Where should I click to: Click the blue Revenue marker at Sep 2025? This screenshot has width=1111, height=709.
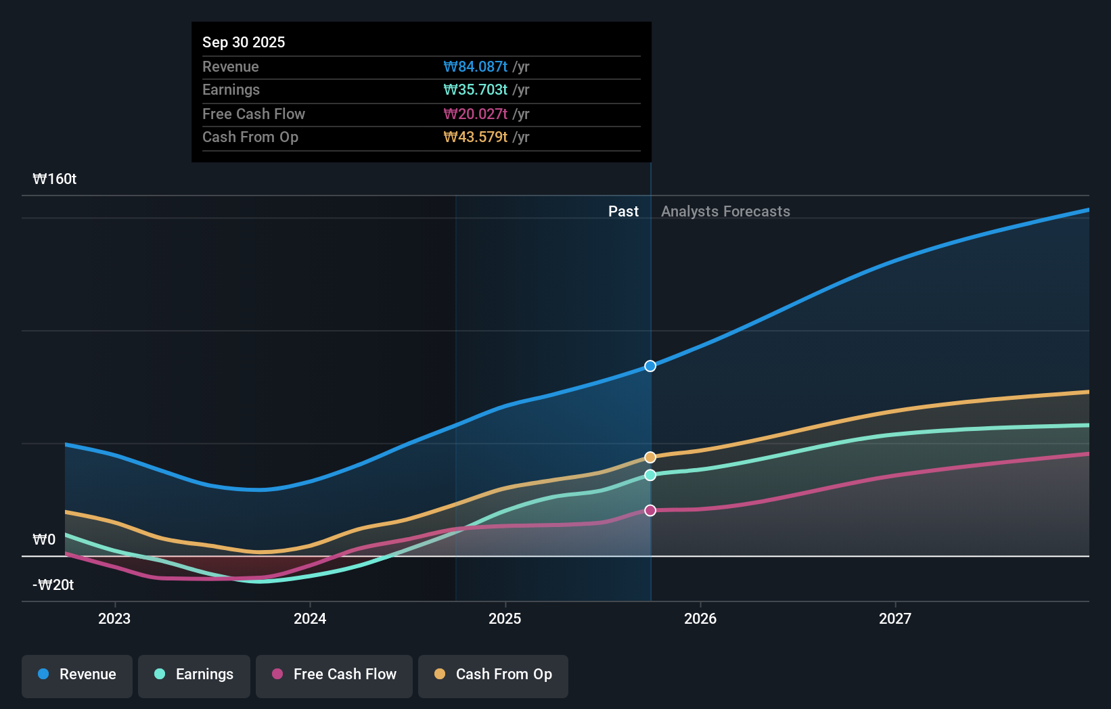[650, 366]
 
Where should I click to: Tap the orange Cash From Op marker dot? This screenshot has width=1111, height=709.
[650, 457]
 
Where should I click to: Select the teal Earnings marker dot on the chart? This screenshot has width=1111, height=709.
[650, 475]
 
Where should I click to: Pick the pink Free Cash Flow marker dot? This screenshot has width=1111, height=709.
[650, 510]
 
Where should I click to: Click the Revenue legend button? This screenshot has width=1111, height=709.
[77, 674]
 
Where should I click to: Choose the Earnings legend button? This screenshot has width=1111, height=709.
[194, 674]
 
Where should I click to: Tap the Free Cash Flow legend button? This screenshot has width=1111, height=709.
[334, 674]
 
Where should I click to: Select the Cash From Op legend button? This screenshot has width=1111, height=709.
[493, 674]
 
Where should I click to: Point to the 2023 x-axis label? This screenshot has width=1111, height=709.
[114, 618]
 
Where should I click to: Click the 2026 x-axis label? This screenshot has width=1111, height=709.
[700, 618]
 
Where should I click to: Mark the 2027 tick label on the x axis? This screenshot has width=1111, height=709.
[895, 618]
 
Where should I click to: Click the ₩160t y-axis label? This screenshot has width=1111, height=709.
[55, 179]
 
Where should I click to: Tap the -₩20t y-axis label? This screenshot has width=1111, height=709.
[53, 585]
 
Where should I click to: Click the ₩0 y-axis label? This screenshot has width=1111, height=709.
[44, 539]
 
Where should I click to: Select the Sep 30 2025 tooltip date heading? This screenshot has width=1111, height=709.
[244, 42]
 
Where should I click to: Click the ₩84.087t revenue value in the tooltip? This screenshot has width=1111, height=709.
[475, 66]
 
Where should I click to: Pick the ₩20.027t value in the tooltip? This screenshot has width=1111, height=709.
[475, 114]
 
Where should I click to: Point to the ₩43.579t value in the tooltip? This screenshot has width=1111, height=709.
[475, 137]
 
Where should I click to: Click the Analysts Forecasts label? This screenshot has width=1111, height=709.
[725, 211]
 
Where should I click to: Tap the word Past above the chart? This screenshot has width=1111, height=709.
[623, 211]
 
